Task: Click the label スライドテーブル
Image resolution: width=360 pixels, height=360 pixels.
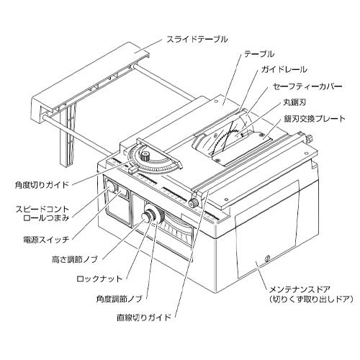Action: [x=197, y=39]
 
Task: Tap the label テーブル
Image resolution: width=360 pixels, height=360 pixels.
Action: [x=259, y=54]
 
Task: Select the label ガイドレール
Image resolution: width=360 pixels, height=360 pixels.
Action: [x=284, y=70]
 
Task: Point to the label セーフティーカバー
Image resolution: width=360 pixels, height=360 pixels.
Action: [x=307, y=86]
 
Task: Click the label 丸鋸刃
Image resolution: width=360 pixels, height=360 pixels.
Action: [x=294, y=102]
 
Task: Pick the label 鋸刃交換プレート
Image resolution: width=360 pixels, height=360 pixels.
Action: [x=315, y=119]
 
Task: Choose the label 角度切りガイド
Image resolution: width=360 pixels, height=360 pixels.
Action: [x=42, y=185]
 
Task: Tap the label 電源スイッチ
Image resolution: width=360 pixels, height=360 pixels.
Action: [x=46, y=240]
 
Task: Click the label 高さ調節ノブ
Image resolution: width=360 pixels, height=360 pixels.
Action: [x=75, y=259]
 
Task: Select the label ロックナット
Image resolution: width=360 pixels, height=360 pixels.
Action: [x=99, y=279]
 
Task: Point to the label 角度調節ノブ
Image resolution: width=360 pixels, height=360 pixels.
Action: [x=120, y=299]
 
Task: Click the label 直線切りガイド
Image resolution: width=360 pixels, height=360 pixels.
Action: [x=144, y=318]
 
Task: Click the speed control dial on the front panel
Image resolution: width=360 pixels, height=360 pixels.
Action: [x=112, y=186]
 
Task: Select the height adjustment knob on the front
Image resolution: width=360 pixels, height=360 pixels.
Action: [x=147, y=217]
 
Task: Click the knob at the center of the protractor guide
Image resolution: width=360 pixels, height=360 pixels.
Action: [x=145, y=156]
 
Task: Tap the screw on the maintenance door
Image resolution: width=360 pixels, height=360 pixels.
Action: [x=266, y=258]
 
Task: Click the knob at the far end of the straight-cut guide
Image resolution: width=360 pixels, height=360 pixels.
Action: [x=310, y=139]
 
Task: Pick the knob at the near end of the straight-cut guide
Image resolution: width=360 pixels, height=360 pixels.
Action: [x=194, y=203]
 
